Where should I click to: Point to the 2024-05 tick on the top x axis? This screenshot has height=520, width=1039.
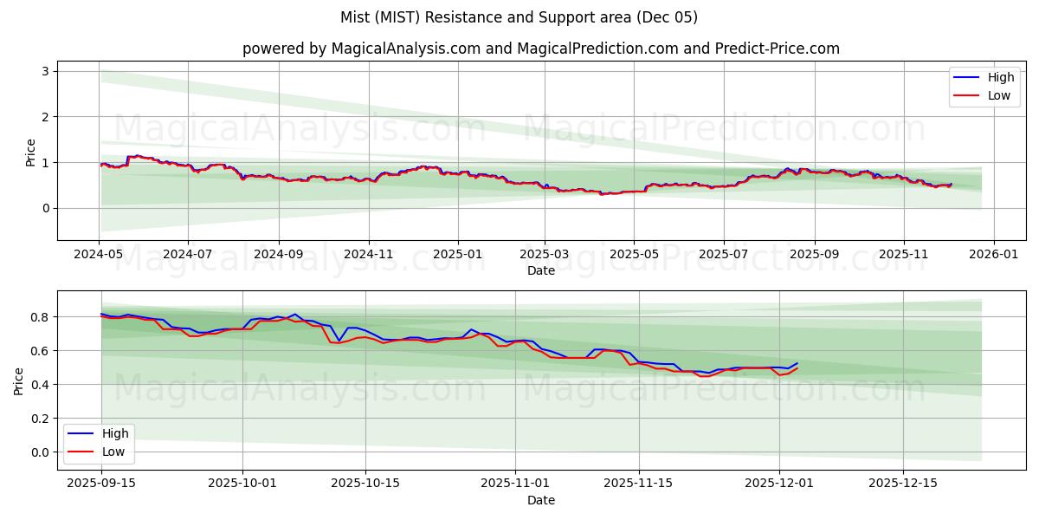pyautogui.click(x=99, y=256)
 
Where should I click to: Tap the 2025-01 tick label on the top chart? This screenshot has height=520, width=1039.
pyautogui.click(x=458, y=256)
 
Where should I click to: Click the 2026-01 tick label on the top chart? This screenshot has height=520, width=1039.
pyautogui.click(x=993, y=256)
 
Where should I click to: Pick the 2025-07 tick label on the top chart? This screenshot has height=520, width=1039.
pyautogui.click(x=723, y=256)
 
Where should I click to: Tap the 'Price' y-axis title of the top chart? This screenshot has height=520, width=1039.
pyautogui.click(x=31, y=152)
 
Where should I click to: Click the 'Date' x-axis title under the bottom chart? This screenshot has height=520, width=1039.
pyautogui.click(x=540, y=500)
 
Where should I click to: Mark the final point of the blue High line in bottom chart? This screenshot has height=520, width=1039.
pyautogui.click(x=797, y=363)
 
